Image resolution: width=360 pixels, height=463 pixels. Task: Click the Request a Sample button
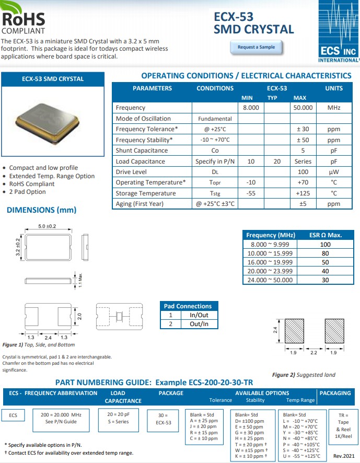[x=256, y=47]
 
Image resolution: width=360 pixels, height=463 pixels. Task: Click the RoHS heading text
[x=24, y=19]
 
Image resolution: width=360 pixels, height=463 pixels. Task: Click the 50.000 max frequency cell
[x=303, y=108]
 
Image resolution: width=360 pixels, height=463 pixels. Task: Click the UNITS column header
[x=334, y=88]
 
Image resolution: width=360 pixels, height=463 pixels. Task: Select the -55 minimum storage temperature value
[x=251, y=193]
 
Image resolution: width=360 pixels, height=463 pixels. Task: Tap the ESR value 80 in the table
[x=325, y=253]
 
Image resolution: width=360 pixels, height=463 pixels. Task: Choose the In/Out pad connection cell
[x=195, y=315]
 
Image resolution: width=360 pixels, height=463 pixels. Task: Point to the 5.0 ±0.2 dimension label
[x=48, y=226]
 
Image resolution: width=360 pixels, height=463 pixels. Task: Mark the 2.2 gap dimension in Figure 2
[x=314, y=353]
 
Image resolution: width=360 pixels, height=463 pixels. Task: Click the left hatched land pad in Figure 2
[x=293, y=330]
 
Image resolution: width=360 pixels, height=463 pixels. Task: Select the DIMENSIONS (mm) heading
[x=41, y=210]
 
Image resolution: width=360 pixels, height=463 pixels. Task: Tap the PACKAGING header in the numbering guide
[x=335, y=393]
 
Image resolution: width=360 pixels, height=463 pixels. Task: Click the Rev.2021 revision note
[x=344, y=456]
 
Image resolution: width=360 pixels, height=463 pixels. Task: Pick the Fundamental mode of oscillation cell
[x=215, y=119]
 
